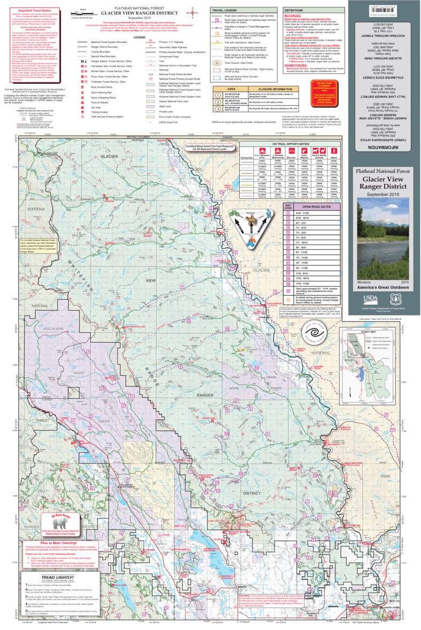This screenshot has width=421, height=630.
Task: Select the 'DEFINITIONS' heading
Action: (x=293, y=10)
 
